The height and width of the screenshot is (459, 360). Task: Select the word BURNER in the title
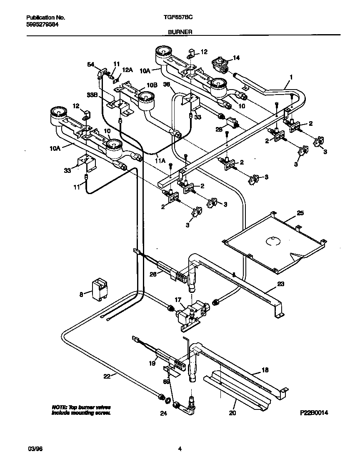(x=180, y=32)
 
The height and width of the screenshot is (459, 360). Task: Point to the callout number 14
(x=236, y=58)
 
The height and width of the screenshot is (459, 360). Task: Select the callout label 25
(x=300, y=213)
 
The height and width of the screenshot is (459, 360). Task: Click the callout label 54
(x=90, y=64)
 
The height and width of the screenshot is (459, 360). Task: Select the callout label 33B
(x=92, y=95)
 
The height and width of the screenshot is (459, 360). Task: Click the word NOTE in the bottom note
(x=59, y=407)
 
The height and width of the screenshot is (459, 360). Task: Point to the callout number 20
(x=232, y=413)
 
